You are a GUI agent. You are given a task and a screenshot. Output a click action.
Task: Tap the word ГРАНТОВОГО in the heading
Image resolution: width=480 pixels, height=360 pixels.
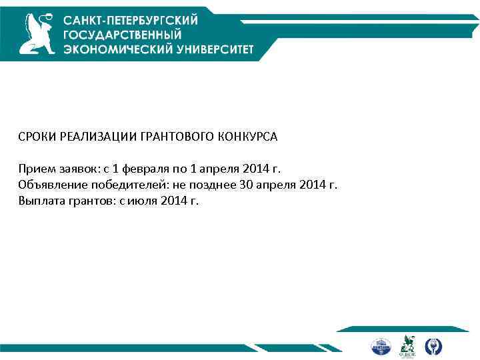click(176, 137)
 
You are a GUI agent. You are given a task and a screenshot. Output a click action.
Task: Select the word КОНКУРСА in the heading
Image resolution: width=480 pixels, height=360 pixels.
click(247, 137)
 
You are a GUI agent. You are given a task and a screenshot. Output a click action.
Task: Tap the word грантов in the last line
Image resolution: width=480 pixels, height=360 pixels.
click(85, 200)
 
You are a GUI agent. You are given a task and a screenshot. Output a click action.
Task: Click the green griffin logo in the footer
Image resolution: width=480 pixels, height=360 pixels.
click(407, 345)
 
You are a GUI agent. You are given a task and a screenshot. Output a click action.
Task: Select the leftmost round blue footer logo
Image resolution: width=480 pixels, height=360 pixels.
click(379, 346)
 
